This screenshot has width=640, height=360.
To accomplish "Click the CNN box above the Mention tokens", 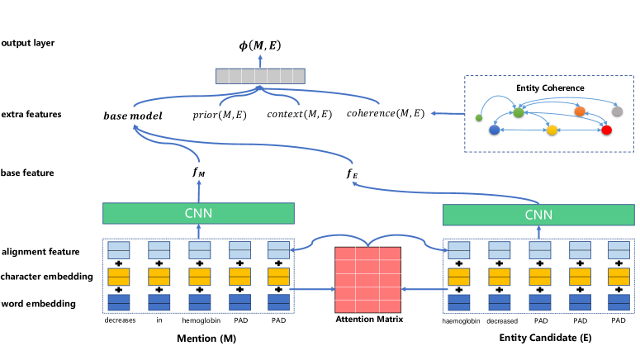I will tap(198, 213).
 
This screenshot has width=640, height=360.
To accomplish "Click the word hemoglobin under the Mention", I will tap(198, 320).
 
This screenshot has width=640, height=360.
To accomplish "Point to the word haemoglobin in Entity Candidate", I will tap(461, 320).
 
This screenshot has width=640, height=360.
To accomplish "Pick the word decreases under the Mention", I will tap(121, 320).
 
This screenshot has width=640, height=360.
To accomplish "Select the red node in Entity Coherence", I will tap(607, 130).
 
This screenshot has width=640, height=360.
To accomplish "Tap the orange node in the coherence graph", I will tap(580, 111).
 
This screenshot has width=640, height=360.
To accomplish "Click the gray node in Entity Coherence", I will tap(616, 111).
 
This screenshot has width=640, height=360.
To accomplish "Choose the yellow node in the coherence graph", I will tap(552, 130).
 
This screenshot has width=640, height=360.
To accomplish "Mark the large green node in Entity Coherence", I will tap(519, 111).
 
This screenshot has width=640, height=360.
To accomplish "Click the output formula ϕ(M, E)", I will tap(258, 46).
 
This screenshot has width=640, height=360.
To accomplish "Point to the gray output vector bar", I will tap(258, 75).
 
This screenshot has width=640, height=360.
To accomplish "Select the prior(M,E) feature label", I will tap(218, 112).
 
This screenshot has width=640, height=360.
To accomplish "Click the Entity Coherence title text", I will tap(549, 88).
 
